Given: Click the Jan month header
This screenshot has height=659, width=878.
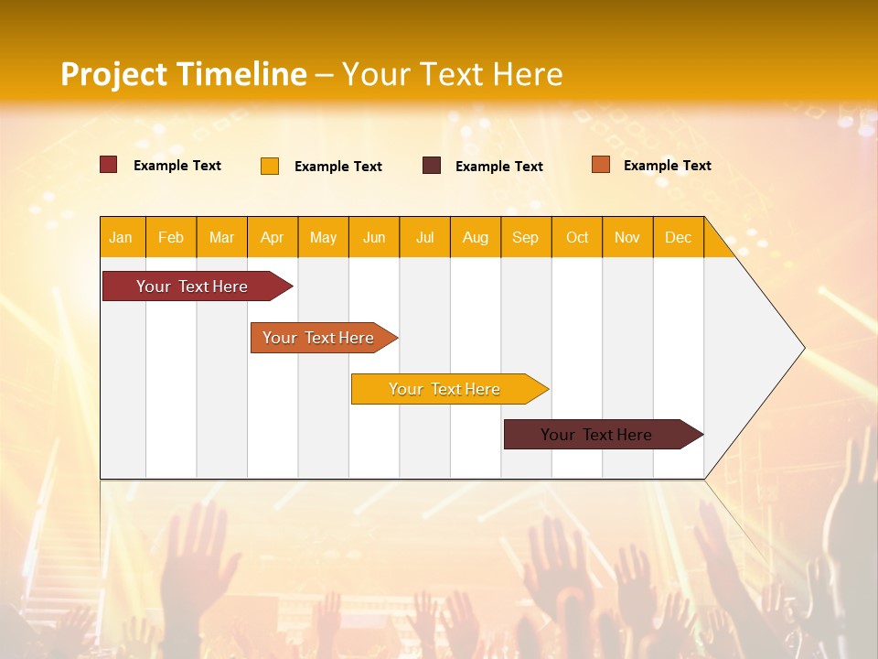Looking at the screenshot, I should click(x=121, y=237).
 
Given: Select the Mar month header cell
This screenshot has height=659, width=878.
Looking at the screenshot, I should click(x=221, y=237).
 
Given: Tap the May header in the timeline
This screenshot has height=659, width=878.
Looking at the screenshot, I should click(x=323, y=237).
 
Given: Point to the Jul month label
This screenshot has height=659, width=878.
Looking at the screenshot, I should click(x=424, y=237).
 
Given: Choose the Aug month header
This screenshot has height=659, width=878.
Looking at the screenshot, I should click(x=475, y=237).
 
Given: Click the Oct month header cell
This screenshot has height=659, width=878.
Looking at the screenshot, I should click(x=577, y=237).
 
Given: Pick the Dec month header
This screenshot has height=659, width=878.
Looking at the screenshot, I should click(x=678, y=237).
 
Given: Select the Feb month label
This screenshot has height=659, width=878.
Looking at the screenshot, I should click(x=171, y=237).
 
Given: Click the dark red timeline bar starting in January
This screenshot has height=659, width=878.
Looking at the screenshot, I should click(x=192, y=286).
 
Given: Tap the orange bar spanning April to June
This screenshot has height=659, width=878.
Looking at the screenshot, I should click(x=318, y=338).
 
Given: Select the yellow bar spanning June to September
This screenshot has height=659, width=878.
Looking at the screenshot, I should click(x=444, y=389).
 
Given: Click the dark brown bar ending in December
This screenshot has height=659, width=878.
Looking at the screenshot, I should click(x=596, y=435).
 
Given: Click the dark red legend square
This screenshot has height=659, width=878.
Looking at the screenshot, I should click(x=109, y=165).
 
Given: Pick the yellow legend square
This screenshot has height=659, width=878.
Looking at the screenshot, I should click(x=270, y=166).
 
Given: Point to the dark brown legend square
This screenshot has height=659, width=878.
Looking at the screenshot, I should click(x=432, y=166).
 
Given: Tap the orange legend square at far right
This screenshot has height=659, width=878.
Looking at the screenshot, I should click(x=601, y=165).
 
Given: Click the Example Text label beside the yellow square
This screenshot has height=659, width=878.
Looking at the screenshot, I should click(x=338, y=167).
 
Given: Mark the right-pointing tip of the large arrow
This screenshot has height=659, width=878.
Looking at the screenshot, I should click(x=802, y=348).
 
